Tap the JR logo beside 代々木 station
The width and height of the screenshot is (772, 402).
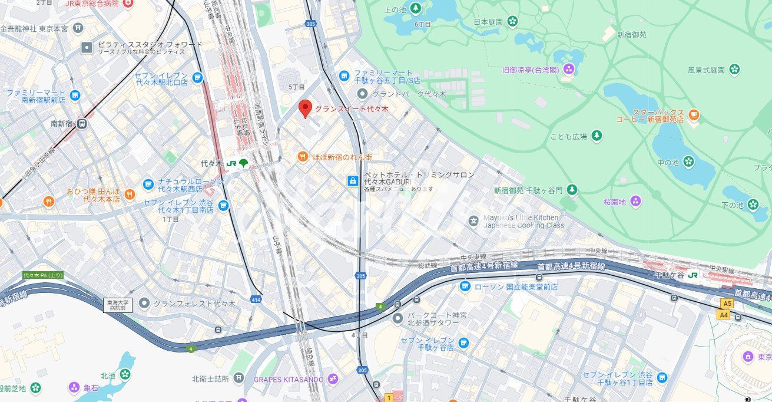pyautogui.click(x=231, y=163)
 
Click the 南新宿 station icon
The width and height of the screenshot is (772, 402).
pyautogui.click(x=81, y=124)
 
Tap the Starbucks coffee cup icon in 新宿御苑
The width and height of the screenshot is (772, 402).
pyautogui.click(x=694, y=115)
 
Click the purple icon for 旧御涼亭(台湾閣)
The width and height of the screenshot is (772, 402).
pyautogui.click(x=569, y=70)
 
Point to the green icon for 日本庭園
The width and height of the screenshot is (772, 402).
pyautogui.click(x=512, y=22)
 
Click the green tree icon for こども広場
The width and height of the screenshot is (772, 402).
pyautogui.click(x=597, y=136)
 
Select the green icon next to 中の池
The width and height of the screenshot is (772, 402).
pyautogui.click(x=688, y=161)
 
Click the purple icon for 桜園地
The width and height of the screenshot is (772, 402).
pyautogui.click(x=635, y=202)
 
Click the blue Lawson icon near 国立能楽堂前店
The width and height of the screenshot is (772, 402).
pyautogui.click(x=465, y=286)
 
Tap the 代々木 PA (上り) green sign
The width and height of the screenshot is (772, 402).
pyautogui.click(x=43, y=275)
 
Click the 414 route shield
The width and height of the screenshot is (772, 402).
pyautogui.click(x=256, y=299)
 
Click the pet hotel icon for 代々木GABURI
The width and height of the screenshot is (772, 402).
pyautogui.click(x=352, y=180)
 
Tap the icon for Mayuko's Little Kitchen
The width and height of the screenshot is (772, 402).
pyautogui.click(x=473, y=221)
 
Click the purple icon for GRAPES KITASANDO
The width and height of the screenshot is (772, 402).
pyautogui.click(x=333, y=379)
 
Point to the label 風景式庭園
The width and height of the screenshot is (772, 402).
pyautogui.click(x=707, y=70)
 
